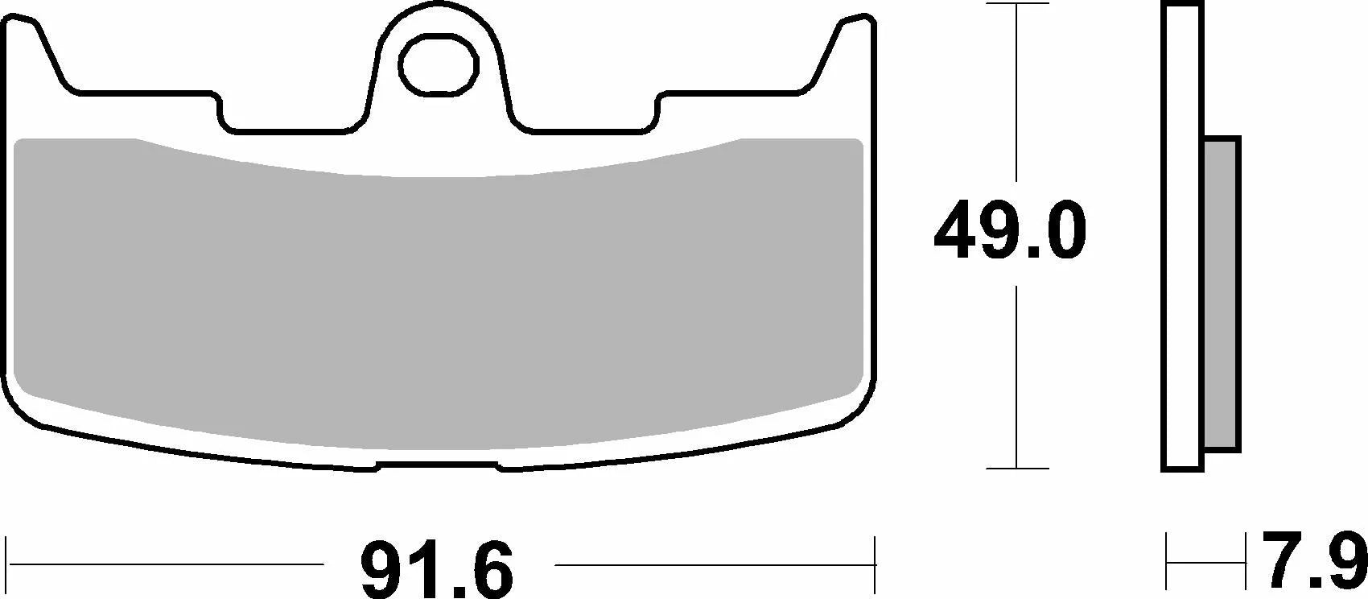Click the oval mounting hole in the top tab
point(438,65)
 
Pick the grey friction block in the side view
point(1222,295)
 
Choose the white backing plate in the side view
point(1182,237)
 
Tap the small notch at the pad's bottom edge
point(438,465)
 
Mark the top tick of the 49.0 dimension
point(1017,4)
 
